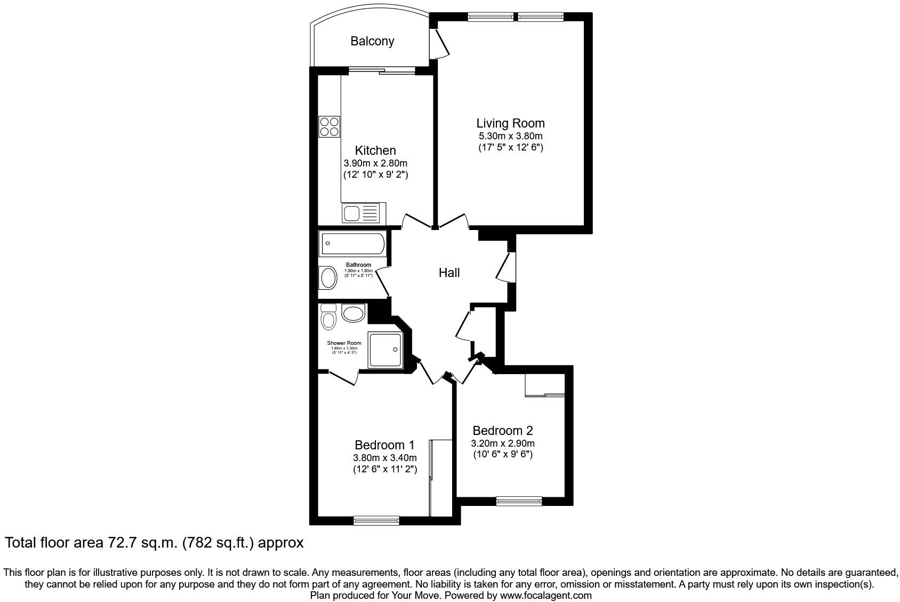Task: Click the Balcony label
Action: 372,41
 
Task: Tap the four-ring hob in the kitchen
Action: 330,126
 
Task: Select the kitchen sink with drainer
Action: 361,214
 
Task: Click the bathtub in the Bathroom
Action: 351,243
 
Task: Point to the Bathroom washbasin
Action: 328,278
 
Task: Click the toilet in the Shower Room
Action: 328,318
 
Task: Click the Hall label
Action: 449,273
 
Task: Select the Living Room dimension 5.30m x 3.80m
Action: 510,136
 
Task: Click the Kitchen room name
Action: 375,150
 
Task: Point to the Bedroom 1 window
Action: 376,520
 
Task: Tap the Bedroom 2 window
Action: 519,501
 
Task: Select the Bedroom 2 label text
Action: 502,430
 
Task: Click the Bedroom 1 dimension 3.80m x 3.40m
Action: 384,458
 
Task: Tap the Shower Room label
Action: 344,343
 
